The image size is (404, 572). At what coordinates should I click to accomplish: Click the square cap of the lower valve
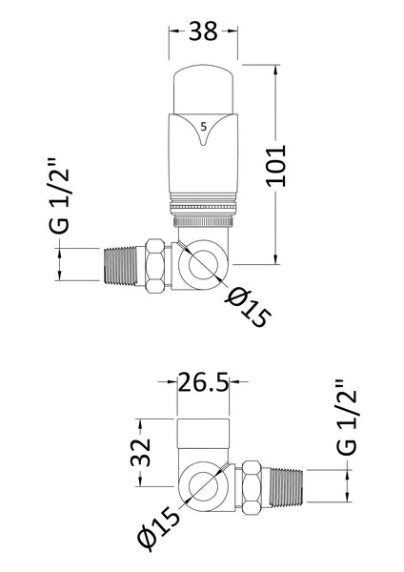203,438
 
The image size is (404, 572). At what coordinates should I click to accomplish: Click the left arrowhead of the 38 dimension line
173,31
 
